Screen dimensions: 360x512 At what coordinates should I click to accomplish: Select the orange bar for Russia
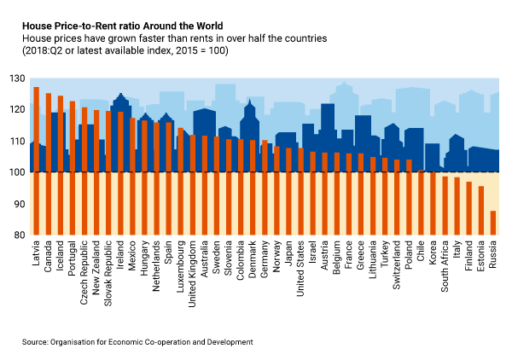click(x=493, y=223)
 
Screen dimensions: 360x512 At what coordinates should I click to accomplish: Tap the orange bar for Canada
click(x=48, y=164)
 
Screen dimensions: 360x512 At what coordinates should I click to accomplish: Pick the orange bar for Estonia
click(x=481, y=211)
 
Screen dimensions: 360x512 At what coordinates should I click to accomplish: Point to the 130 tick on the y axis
click(x=18, y=78)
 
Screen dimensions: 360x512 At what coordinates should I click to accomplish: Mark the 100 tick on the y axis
click(x=18, y=172)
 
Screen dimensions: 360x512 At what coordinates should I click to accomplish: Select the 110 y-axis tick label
click(x=18, y=141)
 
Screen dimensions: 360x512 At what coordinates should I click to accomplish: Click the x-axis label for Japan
click(x=289, y=255)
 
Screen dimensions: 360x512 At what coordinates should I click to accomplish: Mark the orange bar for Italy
click(x=457, y=206)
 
